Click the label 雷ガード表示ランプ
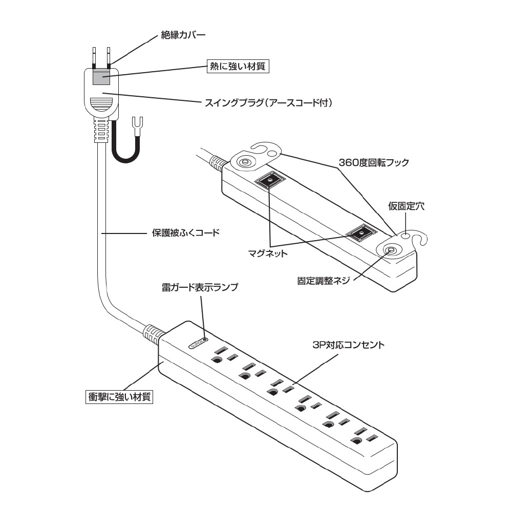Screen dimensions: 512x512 [200, 287]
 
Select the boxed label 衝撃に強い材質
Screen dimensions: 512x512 [119, 396]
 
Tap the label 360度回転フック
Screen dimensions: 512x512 [374, 163]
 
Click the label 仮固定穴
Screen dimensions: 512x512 [406, 206]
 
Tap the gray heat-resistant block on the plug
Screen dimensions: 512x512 [101, 78]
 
